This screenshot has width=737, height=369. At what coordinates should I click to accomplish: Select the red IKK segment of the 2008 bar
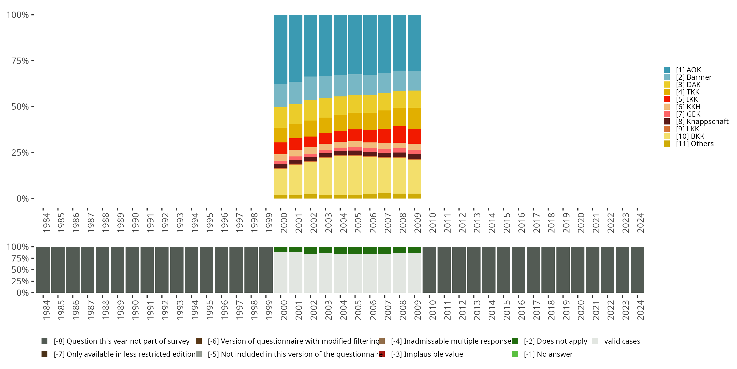tap(399, 134)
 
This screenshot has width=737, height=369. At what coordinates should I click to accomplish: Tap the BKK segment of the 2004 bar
tap(340, 176)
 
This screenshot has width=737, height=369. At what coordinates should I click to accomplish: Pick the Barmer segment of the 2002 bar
tap(311, 88)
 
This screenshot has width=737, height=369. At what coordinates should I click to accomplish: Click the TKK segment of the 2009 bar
tap(414, 118)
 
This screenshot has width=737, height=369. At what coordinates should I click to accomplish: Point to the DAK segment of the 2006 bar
tap(370, 104)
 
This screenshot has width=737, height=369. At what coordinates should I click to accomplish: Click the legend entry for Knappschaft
tap(702, 122)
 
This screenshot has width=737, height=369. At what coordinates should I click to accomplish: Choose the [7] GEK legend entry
tap(688, 114)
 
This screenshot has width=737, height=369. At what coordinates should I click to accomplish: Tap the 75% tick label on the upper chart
tap(20, 61)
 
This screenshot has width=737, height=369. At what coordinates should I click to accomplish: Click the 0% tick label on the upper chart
tap(23, 199)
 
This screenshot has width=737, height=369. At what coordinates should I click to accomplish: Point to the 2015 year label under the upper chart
tap(507, 223)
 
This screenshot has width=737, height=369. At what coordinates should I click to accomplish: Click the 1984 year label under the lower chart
tap(46, 310)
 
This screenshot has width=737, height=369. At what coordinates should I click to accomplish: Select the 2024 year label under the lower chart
tap(640, 310)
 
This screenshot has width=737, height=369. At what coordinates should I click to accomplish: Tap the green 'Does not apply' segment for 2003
tap(325, 250)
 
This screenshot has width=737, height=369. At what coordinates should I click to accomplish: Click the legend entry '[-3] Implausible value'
tap(426, 354)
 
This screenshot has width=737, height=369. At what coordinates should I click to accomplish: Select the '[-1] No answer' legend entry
tap(548, 354)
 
